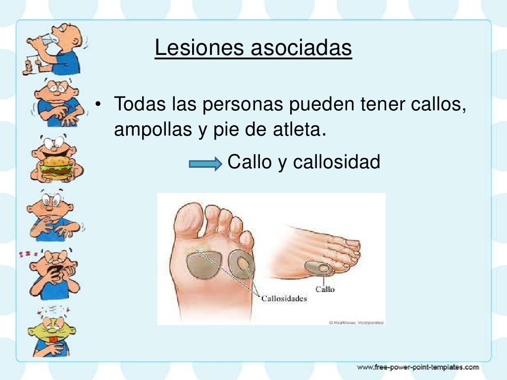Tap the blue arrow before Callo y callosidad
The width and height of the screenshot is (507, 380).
pyautogui.click(x=205, y=164)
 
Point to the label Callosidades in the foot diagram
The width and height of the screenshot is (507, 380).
pyautogui.click(x=284, y=299)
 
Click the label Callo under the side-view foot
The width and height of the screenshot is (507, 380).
pyautogui.click(x=325, y=289)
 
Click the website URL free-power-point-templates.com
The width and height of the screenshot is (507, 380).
pyautogui.click(x=418, y=367)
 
